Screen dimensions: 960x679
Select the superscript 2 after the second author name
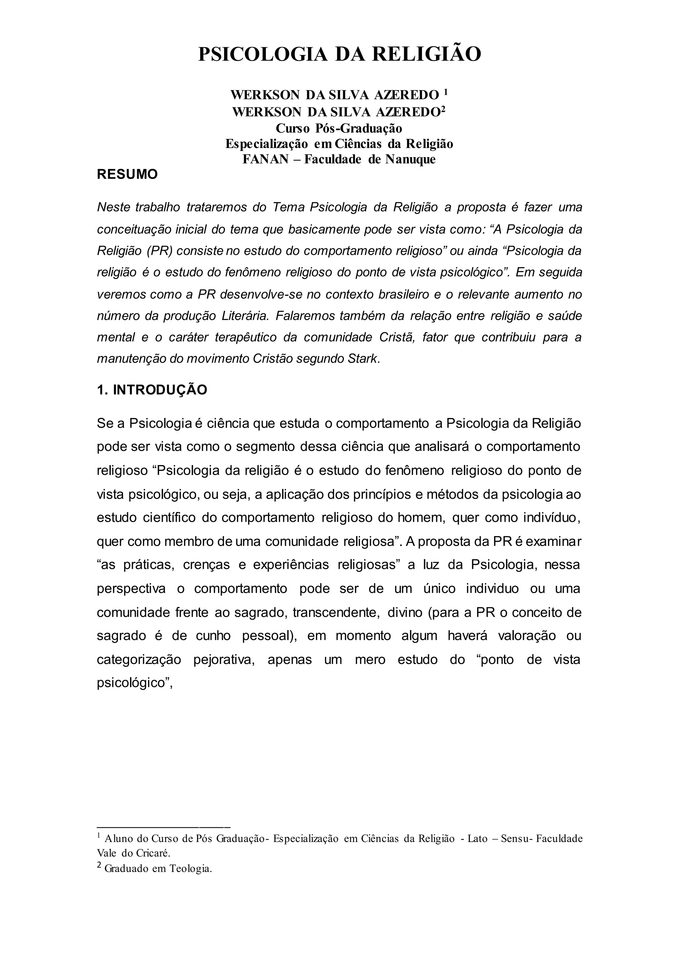click(x=443, y=109)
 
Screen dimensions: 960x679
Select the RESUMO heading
click(x=127, y=174)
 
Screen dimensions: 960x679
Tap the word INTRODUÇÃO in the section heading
click(x=160, y=390)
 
